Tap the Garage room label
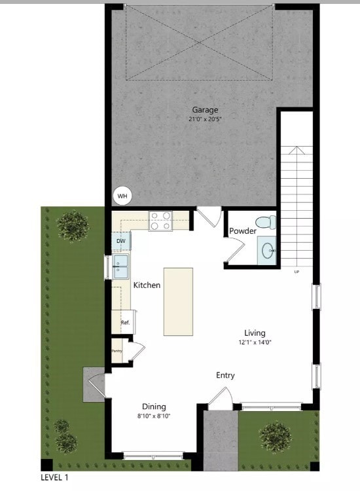(205, 110)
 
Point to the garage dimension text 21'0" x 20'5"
(205, 119)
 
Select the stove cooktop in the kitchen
(160, 221)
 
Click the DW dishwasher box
(121, 242)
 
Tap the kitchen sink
(121, 266)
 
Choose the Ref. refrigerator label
(125, 323)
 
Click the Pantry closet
(117, 350)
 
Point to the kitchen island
(179, 301)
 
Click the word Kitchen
(147, 285)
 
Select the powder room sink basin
(268, 250)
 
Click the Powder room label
(242, 231)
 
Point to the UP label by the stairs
(297, 272)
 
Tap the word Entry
(225, 375)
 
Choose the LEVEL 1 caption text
(54, 479)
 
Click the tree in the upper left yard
(72, 225)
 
